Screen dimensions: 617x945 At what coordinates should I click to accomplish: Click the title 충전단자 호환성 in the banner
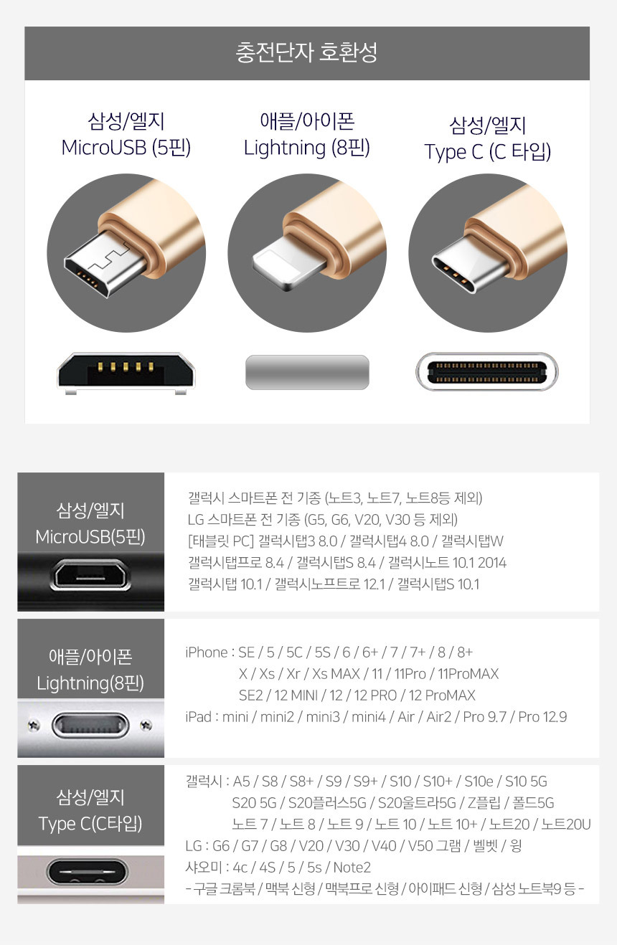coord(307,53)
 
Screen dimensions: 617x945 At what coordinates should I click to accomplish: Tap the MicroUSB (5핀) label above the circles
coord(126,148)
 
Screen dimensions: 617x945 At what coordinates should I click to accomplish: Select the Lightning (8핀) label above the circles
coord(307,148)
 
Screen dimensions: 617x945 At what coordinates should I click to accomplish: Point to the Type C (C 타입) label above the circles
coord(487,152)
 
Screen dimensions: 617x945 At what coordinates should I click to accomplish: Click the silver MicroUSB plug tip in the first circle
coord(104,264)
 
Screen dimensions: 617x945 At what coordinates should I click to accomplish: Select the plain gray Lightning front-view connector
coord(307,372)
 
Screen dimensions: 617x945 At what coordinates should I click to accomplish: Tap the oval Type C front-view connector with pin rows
coord(487,371)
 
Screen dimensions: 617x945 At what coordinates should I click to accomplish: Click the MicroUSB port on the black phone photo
coord(90,574)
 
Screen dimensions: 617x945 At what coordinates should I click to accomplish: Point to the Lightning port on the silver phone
coord(90,725)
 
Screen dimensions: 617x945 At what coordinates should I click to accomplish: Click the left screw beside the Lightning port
coord(34,725)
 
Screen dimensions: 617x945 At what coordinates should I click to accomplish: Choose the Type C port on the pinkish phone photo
coord(88,872)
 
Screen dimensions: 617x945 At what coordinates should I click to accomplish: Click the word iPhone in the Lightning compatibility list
coord(207,652)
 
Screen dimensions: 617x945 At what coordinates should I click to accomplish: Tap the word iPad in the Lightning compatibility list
coord(198,717)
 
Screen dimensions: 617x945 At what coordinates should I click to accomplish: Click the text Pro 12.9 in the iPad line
coord(542,717)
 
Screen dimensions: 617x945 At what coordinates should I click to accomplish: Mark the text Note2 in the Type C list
coord(352,868)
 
